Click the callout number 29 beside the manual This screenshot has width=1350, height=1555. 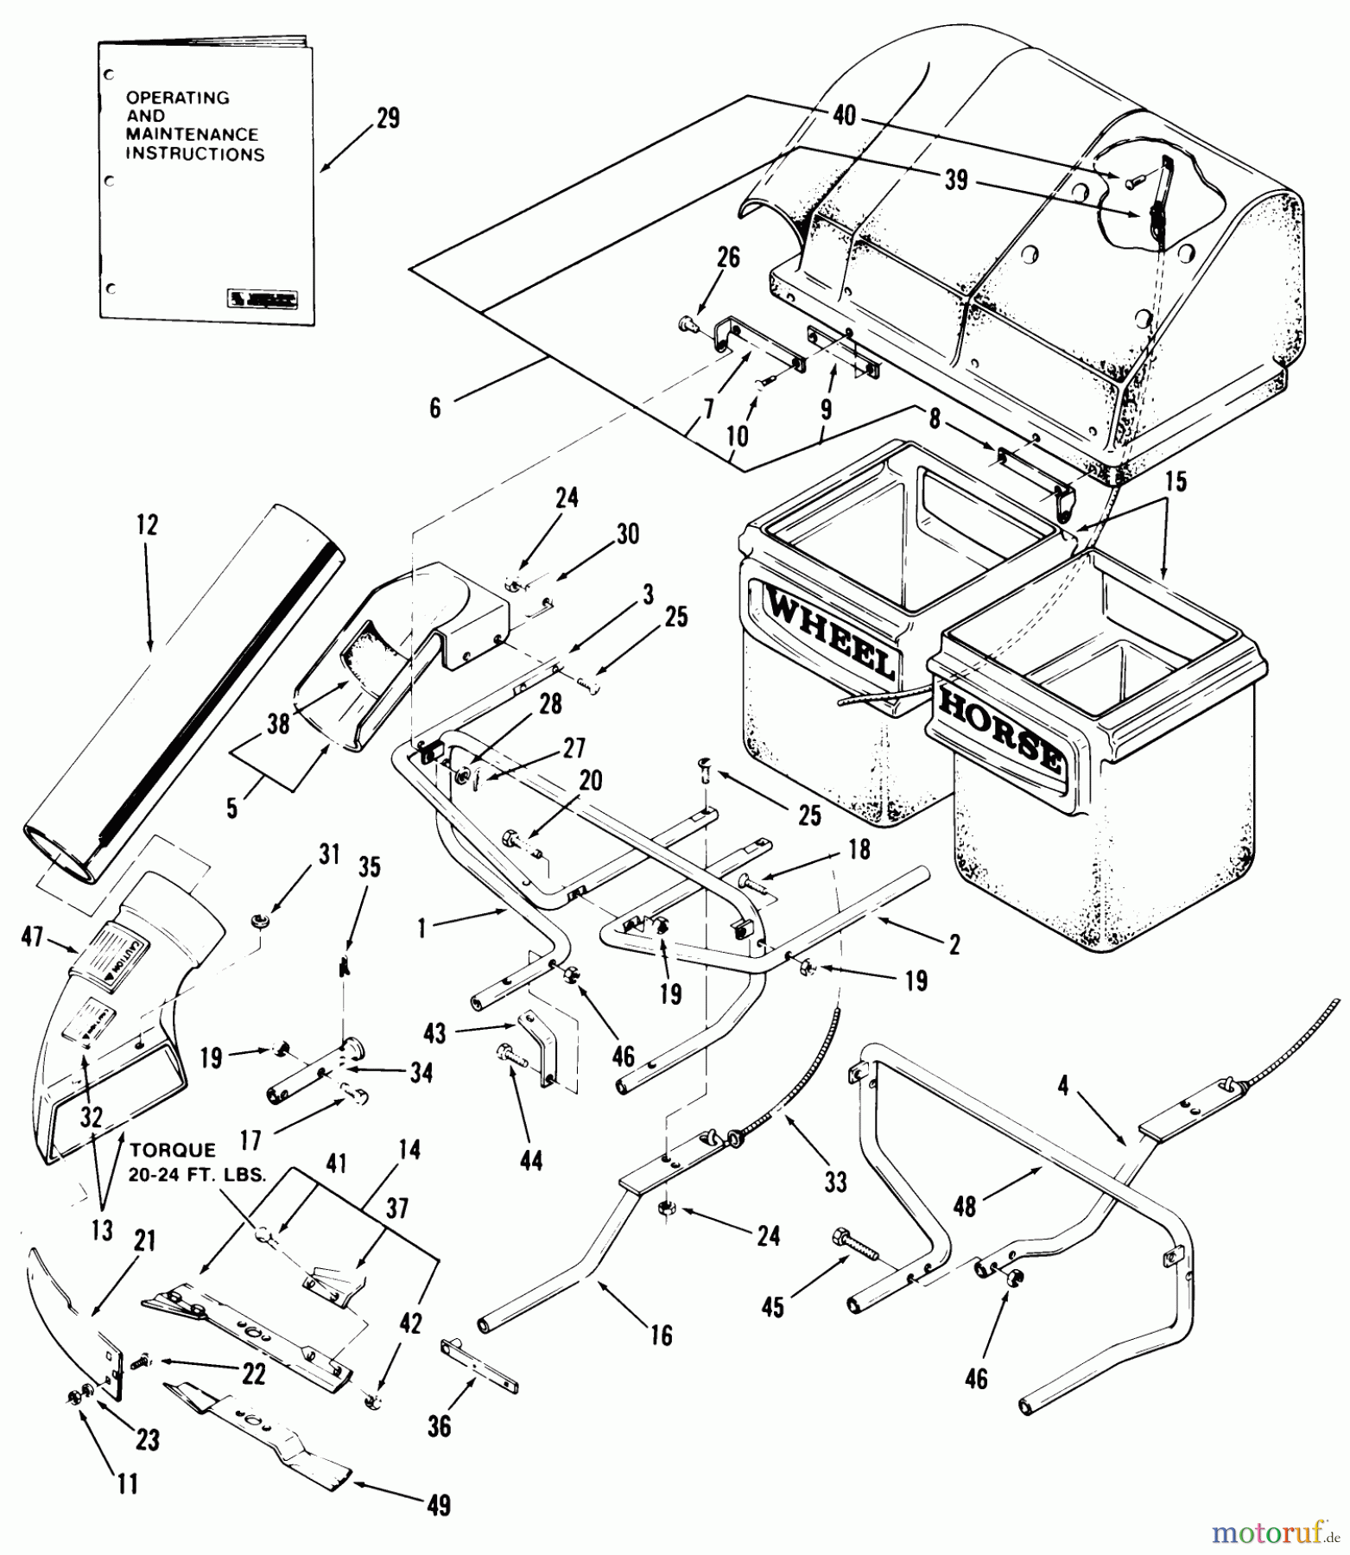click(x=389, y=117)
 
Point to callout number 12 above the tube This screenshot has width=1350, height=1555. click(x=148, y=524)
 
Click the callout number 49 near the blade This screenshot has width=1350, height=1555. click(x=439, y=1505)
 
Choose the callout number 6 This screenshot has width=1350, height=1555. click(x=435, y=408)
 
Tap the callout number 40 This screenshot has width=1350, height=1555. click(x=844, y=115)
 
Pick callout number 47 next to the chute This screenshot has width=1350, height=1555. click(x=33, y=936)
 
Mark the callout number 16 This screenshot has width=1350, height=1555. click(x=661, y=1336)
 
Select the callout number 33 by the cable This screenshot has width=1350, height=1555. click(x=835, y=1180)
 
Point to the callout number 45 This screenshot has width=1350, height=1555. click(x=773, y=1307)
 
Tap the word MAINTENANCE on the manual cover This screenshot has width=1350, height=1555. click(x=192, y=135)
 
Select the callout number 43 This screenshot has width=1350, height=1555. click(x=434, y=1032)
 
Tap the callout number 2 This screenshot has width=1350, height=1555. click(x=954, y=944)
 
